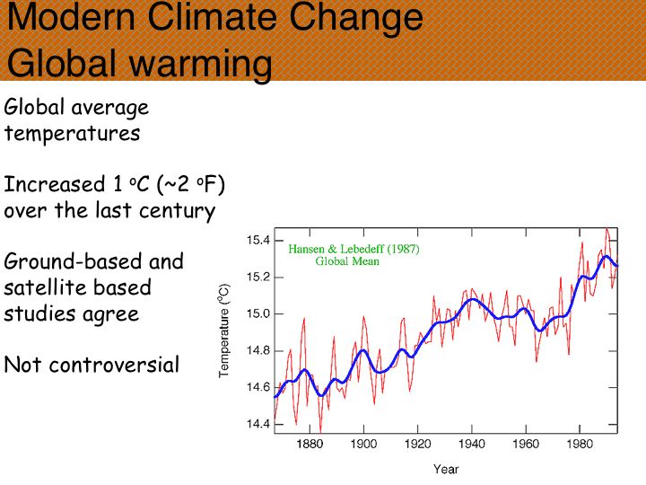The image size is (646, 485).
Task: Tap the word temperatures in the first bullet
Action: (x=72, y=134)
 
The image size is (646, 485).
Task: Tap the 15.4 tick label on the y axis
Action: (x=258, y=240)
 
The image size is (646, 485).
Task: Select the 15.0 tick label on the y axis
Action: (x=258, y=313)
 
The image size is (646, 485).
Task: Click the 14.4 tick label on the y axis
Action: (x=258, y=424)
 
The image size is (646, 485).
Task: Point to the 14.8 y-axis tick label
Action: (x=258, y=350)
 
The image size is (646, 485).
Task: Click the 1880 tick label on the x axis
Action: (x=310, y=445)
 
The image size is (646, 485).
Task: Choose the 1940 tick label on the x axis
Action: (x=471, y=445)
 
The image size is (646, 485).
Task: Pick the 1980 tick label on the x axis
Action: (x=580, y=445)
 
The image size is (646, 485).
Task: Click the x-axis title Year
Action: (x=446, y=469)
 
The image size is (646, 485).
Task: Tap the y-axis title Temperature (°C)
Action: (x=225, y=331)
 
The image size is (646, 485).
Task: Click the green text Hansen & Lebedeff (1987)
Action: (x=354, y=249)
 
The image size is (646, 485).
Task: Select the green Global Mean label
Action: (x=347, y=261)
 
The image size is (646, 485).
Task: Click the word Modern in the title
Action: (x=68, y=18)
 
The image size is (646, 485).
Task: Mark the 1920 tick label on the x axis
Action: (x=417, y=445)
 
